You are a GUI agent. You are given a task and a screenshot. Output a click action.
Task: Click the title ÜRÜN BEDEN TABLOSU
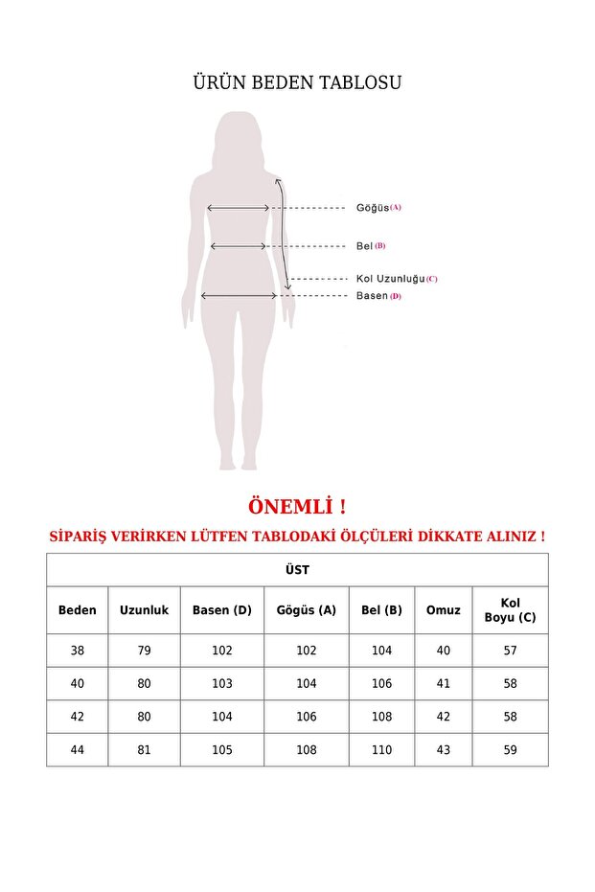point(297,82)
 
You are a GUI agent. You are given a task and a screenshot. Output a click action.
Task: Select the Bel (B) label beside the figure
point(370,246)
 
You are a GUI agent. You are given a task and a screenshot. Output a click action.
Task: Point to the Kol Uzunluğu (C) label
point(396,279)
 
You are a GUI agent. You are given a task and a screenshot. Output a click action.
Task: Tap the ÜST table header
point(297,570)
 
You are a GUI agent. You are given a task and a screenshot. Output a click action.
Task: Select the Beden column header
point(78,610)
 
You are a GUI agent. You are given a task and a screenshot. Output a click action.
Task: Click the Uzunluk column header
point(144,610)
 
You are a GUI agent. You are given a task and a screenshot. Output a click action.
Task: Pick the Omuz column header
point(443,610)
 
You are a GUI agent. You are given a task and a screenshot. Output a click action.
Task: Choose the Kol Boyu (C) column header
point(510,610)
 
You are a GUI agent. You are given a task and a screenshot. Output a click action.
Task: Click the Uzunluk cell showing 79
point(144,651)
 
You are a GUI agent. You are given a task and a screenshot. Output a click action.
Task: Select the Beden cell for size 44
point(78,750)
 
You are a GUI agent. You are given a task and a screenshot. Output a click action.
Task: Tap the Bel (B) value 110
point(381,750)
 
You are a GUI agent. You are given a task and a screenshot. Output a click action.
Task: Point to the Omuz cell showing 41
point(443,684)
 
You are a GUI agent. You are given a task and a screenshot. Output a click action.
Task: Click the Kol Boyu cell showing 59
point(510,750)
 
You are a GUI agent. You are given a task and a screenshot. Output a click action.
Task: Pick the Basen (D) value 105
point(222,750)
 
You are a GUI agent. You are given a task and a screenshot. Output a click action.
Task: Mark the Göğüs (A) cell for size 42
point(307,717)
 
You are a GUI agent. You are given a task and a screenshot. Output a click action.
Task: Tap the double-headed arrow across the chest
point(239,207)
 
